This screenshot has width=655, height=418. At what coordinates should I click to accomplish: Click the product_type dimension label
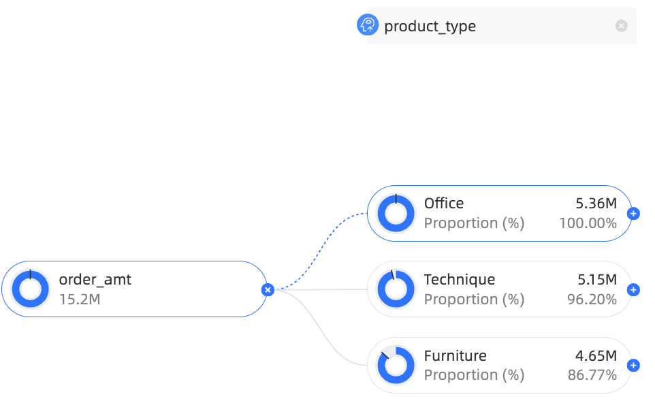(430, 27)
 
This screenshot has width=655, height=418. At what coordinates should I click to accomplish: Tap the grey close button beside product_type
(621, 26)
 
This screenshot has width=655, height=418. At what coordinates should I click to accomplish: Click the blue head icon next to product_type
(368, 25)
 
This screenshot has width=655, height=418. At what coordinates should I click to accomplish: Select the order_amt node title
(95, 280)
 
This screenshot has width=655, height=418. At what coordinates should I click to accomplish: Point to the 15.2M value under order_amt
(80, 300)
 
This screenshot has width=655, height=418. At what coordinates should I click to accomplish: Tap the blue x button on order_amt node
(268, 289)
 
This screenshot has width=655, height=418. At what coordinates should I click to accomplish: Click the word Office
(444, 204)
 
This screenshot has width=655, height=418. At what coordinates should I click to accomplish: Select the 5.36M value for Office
(596, 204)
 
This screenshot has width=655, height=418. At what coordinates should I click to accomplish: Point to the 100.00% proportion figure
(588, 223)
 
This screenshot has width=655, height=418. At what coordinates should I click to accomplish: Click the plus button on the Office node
(633, 213)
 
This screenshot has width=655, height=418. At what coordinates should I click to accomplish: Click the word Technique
(460, 280)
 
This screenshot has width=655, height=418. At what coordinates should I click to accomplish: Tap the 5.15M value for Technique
(597, 280)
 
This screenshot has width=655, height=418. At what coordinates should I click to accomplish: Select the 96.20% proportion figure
(592, 300)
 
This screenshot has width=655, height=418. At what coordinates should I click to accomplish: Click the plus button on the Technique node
(633, 290)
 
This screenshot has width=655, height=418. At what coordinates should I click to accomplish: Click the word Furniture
(456, 356)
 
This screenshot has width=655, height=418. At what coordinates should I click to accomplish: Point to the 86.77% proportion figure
(592, 375)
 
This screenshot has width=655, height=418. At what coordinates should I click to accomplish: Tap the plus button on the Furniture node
(633, 366)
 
